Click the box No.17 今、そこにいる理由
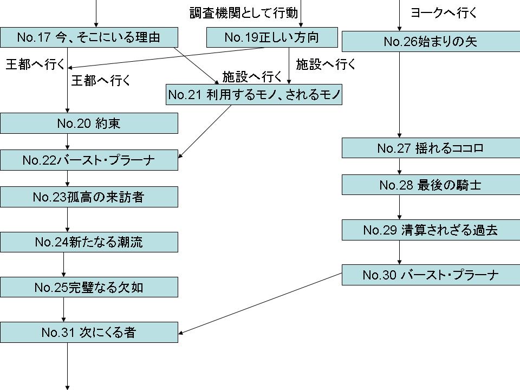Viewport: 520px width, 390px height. point(89,37)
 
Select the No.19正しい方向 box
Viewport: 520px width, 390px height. point(271,37)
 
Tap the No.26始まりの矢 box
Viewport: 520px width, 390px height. point(431,41)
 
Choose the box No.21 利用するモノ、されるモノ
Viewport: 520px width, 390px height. point(254,95)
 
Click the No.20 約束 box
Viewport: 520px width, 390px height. point(89,123)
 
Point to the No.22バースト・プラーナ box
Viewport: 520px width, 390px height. point(89,160)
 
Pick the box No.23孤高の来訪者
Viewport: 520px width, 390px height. point(89,197)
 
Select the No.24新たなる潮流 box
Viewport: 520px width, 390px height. point(89,242)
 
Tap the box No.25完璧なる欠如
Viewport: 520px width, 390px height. point(89,287)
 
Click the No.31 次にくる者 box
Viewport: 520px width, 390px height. point(89,333)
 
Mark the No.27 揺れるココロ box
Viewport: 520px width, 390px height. point(431,148)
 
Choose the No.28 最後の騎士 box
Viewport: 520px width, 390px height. point(431,185)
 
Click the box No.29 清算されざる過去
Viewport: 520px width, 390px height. point(431,230)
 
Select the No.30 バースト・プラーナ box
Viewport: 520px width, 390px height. point(431,275)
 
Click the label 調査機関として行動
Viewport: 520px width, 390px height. point(243,12)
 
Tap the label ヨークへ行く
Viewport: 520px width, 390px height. point(444,13)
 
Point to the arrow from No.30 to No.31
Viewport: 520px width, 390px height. point(260,303)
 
